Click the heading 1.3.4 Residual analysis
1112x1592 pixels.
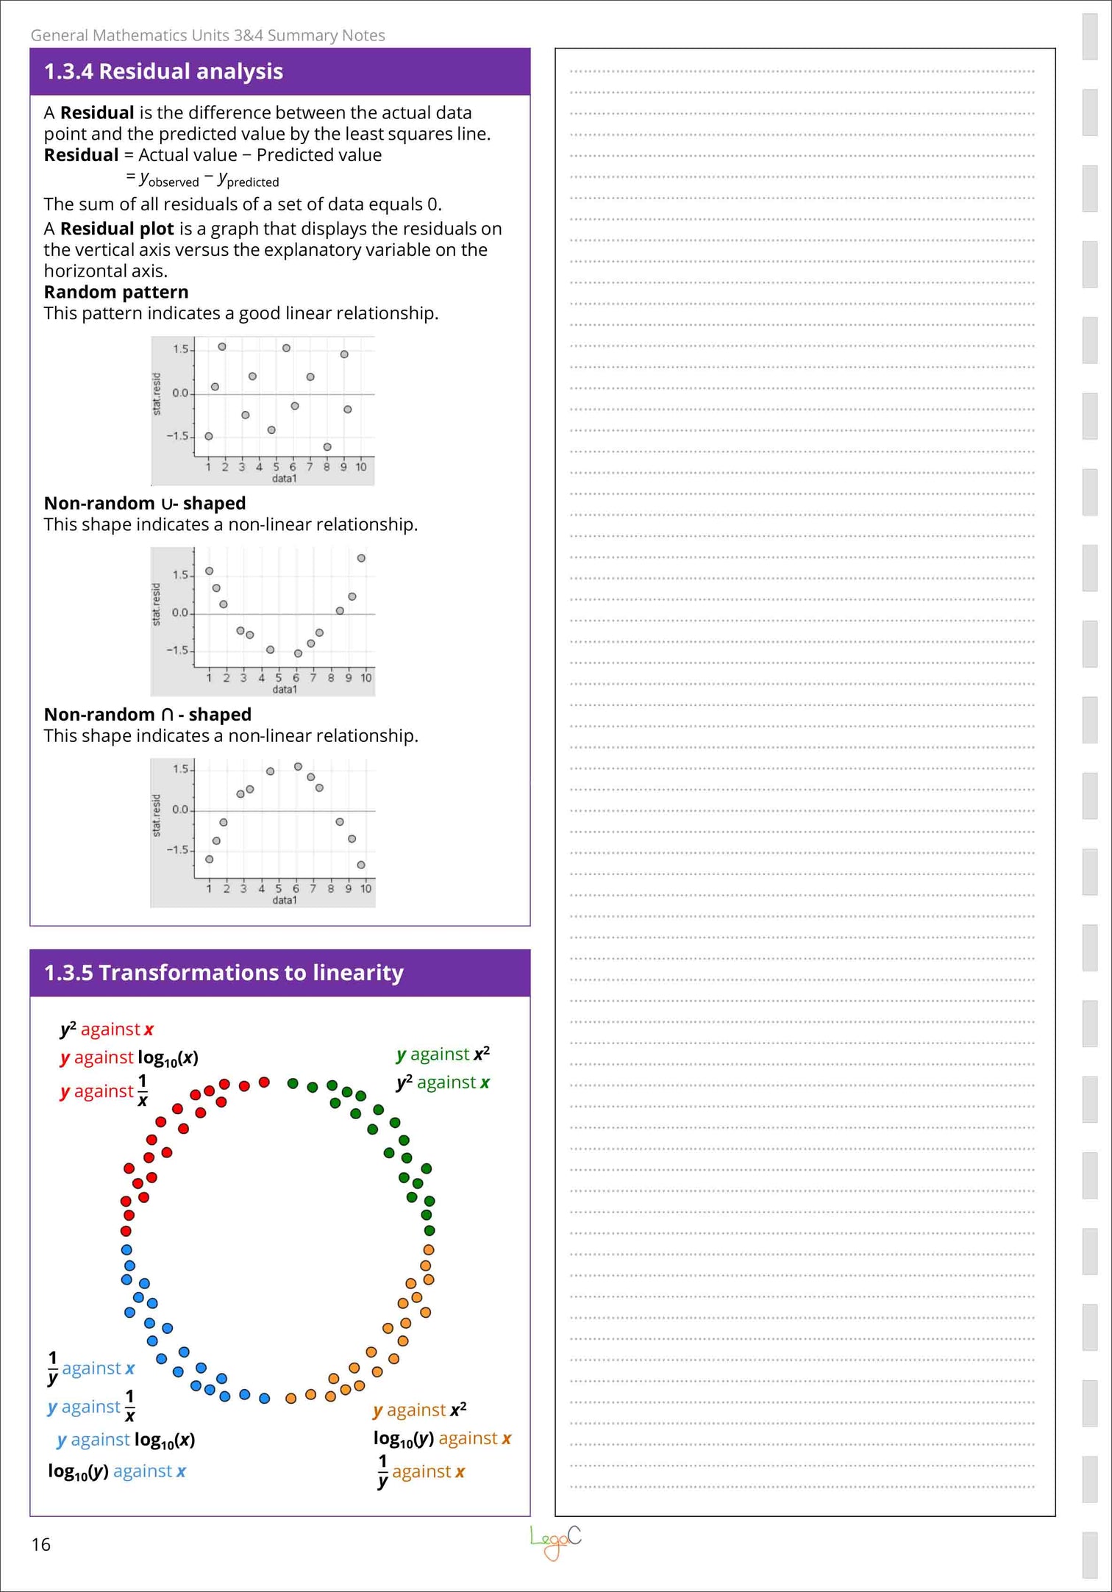[163, 71]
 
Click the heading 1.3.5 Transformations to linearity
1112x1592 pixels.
[224, 973]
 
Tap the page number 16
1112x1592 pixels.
[40, 1544]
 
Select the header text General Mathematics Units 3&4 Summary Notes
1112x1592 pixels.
[207, 35]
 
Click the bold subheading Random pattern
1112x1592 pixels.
[115, 292]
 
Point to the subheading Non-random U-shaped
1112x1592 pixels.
[145, 503]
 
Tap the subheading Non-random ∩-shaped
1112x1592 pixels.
[147, 714]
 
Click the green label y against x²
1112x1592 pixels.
[443, 1054]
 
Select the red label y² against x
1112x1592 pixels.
[107, 1029]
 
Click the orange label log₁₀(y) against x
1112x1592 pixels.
[442, 1438]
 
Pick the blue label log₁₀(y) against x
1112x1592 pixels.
[116, 1471]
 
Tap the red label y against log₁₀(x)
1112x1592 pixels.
[129, 1057]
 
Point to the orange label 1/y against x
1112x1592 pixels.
[421, 1471]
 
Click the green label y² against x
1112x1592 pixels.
[443, 1082]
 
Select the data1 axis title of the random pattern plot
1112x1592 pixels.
[285, 479]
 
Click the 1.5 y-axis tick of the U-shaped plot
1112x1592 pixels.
[180, 575]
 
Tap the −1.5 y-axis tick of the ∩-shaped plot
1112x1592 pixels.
[177, 850]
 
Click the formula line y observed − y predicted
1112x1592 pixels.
[202, 179]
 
